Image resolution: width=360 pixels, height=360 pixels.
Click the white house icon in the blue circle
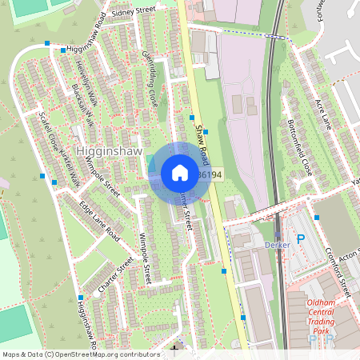coord(180,172)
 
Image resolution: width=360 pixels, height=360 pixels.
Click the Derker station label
coord(276,244)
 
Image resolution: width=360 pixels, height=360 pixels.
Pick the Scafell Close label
coord(47,132)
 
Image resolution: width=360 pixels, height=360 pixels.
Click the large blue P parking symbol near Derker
coord(301,238)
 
